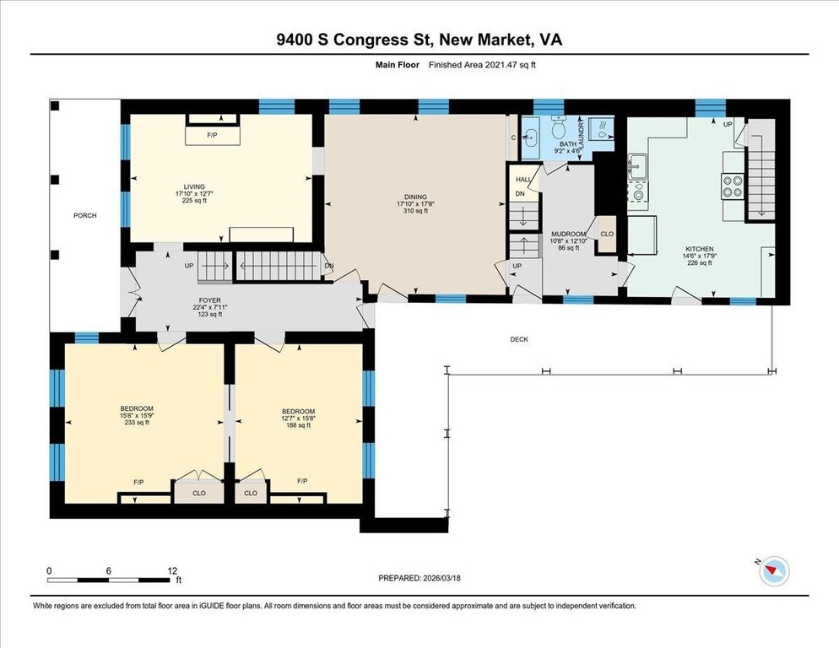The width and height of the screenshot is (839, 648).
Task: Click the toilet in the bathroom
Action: click(x=559, y=127)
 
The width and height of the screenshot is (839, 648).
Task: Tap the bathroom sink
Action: click(x=530, y=138)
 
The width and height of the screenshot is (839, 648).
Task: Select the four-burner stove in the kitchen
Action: click(x=732, y=186)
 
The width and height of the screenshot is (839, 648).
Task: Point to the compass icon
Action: click(x=774, y=570)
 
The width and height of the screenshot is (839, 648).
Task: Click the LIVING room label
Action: click(x=194, y=186)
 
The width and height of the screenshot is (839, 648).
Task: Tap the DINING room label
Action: click(x=416, y=197)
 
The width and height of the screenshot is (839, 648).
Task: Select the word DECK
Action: click(x=519, y=339)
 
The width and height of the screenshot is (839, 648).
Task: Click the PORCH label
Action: click(x=85, y=216)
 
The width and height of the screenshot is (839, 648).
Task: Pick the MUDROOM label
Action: click(x=568, y=234)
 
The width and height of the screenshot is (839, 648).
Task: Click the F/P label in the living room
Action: click(x=212, y=135)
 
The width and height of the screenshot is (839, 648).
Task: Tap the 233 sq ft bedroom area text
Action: click(x=137, y=423)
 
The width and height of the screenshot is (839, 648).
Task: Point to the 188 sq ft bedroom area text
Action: click(x=298, y=425)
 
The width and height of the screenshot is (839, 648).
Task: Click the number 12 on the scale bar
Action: click(x=171, y=571)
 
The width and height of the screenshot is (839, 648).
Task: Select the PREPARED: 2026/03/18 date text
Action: click(x=419, y=578)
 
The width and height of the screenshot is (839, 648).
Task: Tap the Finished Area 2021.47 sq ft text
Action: click(x=482, y=65)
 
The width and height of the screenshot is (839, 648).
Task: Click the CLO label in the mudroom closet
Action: click(x=607, y=234)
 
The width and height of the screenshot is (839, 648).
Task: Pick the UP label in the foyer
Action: click(x=189, y=266)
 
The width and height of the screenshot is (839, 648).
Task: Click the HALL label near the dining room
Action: click(x=523, y=180)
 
